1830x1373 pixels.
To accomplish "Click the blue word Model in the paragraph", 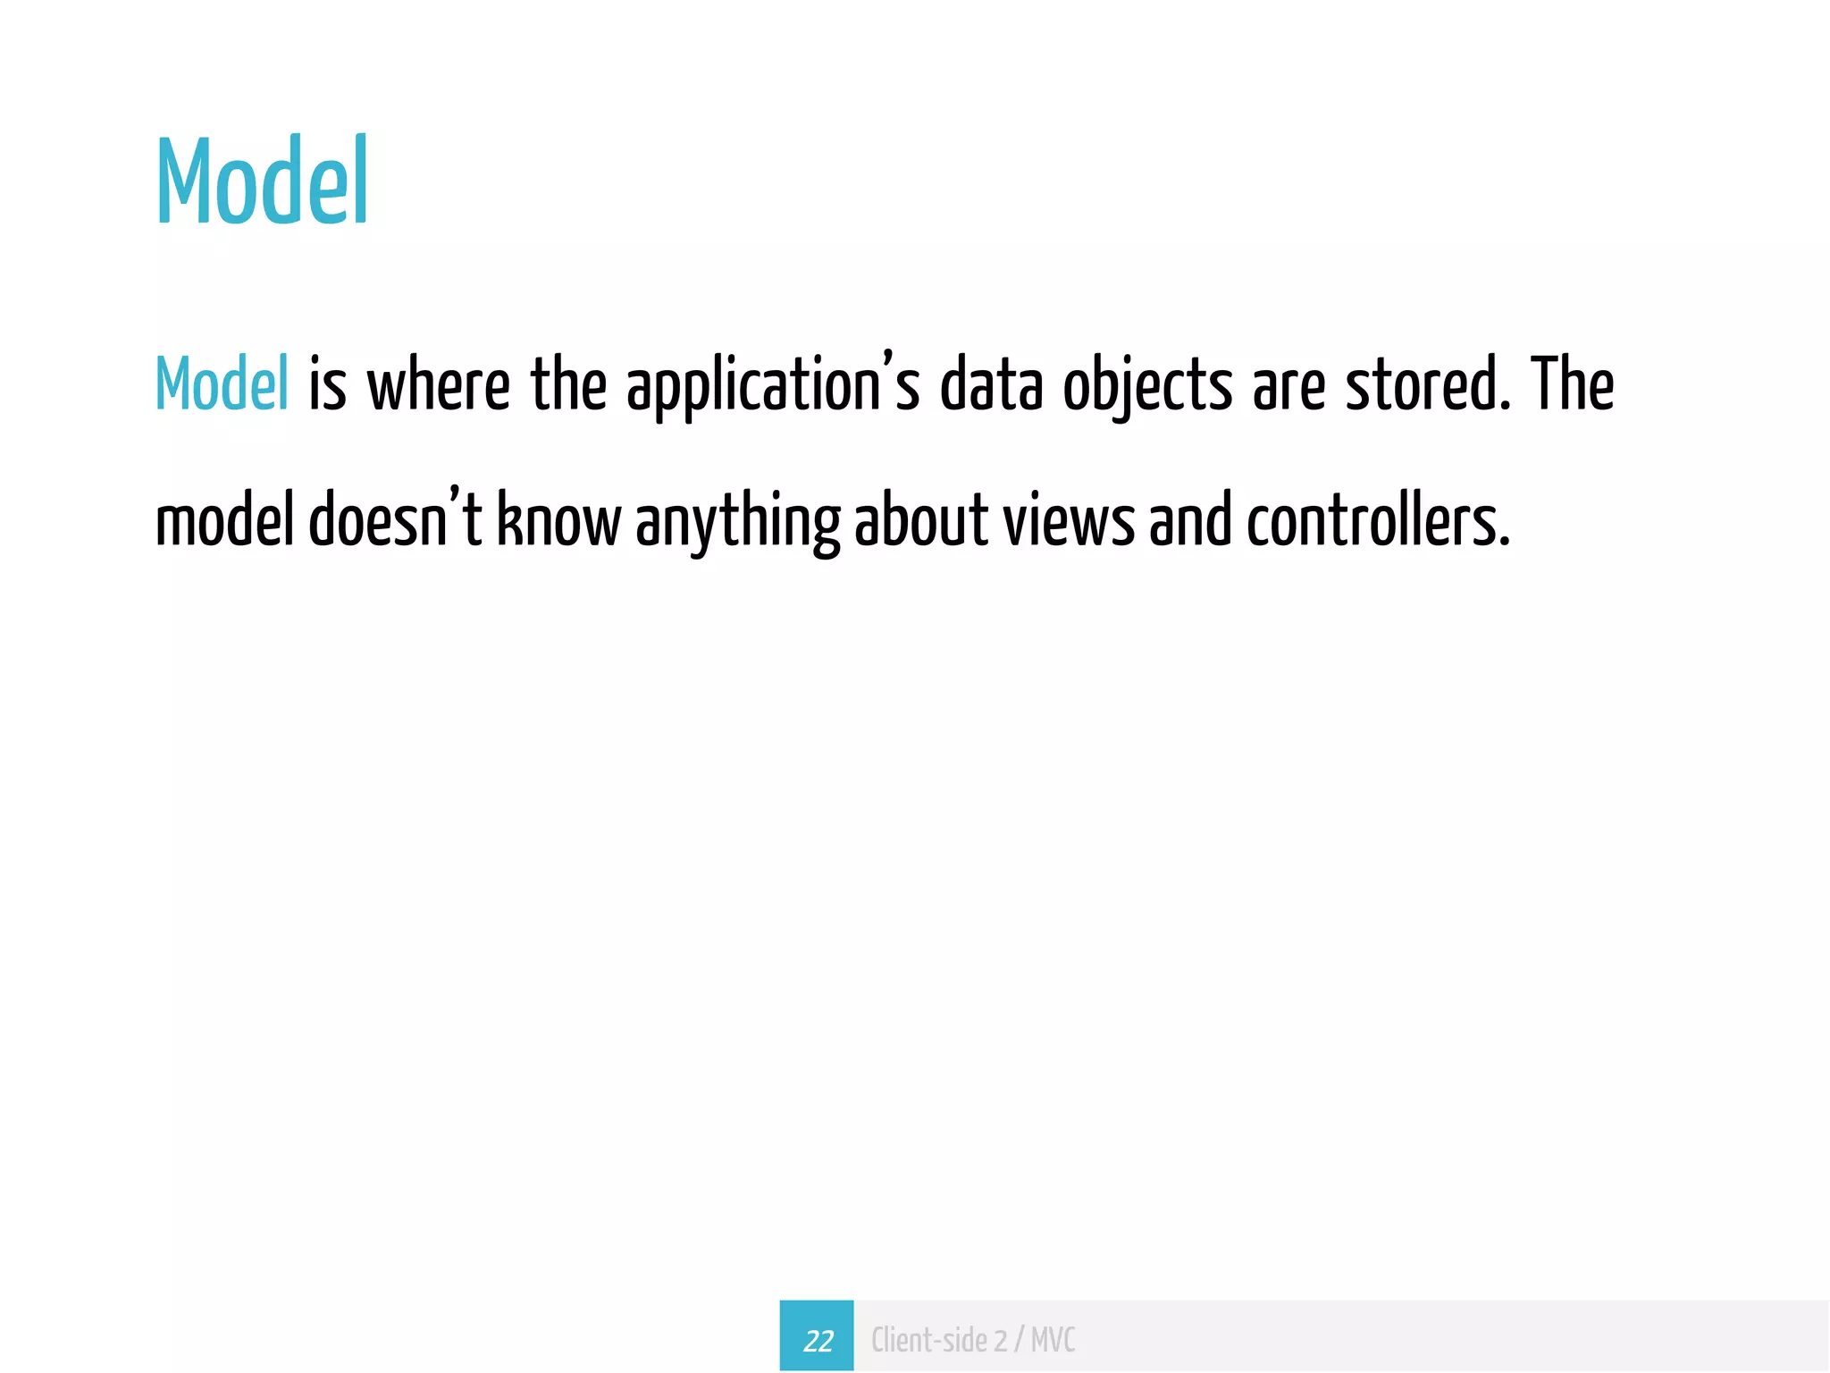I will point(222,384).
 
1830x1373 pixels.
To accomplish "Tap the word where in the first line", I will point(438,384).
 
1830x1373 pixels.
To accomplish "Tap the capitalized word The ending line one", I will point(1572,384).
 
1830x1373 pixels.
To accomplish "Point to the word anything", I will point(737,523).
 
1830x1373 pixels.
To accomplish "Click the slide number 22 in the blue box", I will point(817,1340).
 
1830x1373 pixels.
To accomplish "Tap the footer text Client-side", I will point(928,1340).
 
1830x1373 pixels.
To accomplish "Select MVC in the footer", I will point(1053,1340).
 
